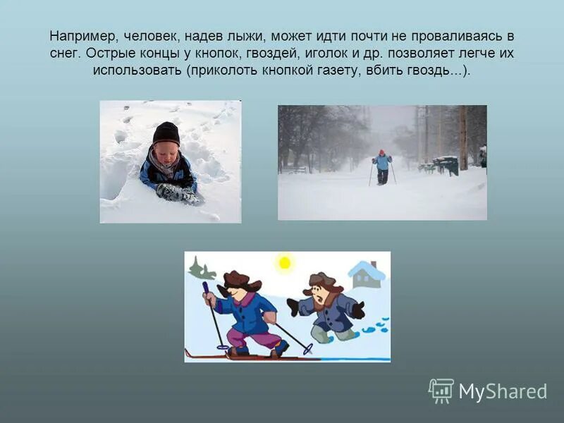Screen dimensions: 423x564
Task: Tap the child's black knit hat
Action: click(166, 133)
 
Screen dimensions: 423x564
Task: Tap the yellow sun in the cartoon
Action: click(284, 263)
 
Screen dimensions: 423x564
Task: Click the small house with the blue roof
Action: click(367, 274)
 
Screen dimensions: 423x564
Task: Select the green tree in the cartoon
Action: click(202, 269)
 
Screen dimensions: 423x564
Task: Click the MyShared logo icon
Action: click(441, 391)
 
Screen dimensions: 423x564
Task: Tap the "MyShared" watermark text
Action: click(503, 392)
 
